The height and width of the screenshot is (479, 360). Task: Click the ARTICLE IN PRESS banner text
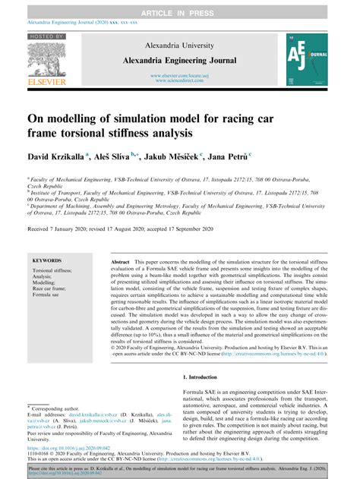click(179, 7)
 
